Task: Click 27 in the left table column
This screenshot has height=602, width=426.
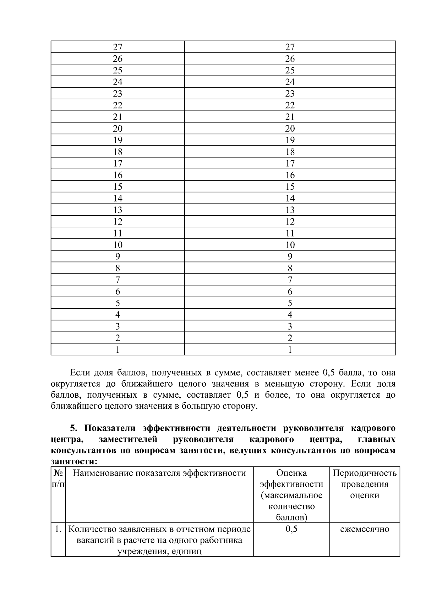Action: click(118, 47)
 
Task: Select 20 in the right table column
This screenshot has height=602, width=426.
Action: click(290, 128)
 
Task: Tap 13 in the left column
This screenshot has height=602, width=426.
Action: click(118, 210)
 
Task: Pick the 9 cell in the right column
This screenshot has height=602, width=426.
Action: click(290, 256)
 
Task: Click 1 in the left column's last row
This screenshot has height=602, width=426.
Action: click(118, 349)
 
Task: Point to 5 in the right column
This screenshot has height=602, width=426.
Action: click(290, 303)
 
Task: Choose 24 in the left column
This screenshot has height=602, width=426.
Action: click(118, 82)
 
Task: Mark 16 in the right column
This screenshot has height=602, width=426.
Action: click(290, 175)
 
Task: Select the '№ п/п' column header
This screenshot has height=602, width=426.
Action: click(58, 479)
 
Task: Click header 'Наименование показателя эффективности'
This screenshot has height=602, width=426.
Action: click(159, 473)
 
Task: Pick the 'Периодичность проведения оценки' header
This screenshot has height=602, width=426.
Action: click(364, 484)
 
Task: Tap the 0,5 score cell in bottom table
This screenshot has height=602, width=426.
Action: click(291, 529)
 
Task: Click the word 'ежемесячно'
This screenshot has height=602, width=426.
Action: click(364, 529)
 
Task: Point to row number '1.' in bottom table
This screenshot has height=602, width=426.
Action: click(58, 529)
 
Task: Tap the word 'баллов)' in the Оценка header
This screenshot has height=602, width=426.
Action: click(291, 517)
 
